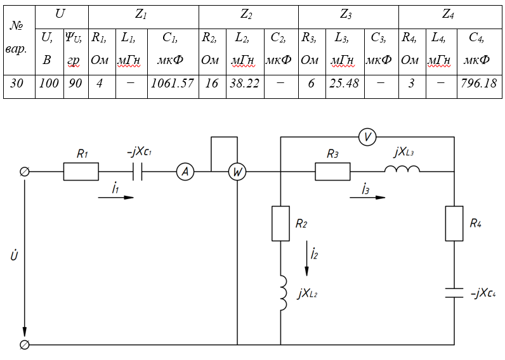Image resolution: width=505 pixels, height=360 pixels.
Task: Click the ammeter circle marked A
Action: (x=185, y=172)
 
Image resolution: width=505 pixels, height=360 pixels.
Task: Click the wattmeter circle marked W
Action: (x=237, y=172)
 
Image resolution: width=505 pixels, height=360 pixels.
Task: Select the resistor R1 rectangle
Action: (x=81, y=172)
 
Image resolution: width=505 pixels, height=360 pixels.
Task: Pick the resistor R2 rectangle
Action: (x=280, y=223)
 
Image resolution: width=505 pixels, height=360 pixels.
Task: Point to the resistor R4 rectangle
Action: (x=455, y=223)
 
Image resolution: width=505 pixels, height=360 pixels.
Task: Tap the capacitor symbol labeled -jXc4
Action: (x=455, y=292)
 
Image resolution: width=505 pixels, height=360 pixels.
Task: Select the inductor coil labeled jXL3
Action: (x=402, y=170)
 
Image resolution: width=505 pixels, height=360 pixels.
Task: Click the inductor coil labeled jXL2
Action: (x=281, y=293)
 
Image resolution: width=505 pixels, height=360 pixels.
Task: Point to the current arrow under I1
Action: (x=117, y=198)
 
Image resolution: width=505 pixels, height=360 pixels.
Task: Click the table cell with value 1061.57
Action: (x=173, y=83)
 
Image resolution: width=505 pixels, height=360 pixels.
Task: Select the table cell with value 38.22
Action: (x=244, y=83)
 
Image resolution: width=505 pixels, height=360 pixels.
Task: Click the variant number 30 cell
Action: (x=17, y=83)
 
